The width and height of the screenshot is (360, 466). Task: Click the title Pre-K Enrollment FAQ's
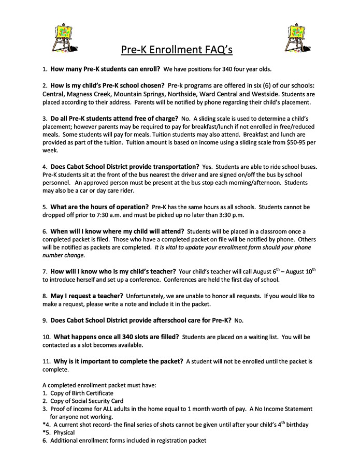177,50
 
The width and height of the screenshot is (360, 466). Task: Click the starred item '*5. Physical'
61,433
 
